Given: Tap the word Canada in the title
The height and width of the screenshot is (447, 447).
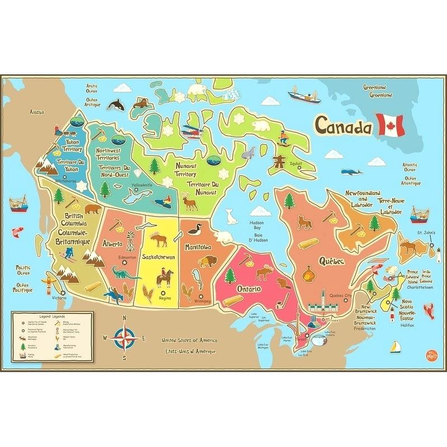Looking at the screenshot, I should [343, 126].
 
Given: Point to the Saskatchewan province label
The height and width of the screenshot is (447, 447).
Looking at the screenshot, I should [159, 257].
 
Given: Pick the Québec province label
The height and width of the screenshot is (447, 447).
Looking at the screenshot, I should [331, 261].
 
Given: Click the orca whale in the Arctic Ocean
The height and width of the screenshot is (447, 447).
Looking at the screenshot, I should [117, 104].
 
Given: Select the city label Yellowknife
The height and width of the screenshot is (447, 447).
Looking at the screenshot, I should [141, 185].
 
